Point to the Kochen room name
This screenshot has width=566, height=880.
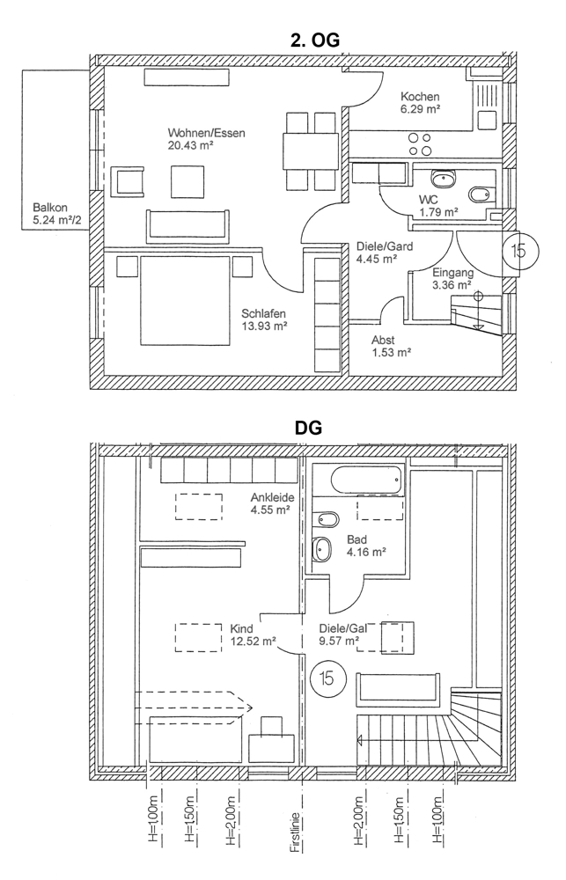[420, 97]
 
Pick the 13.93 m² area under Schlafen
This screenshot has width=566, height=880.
[266, 326]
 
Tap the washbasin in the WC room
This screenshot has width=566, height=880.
[447, 179]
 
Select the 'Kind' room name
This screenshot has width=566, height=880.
[241, 629]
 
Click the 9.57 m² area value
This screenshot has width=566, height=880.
[338, 642]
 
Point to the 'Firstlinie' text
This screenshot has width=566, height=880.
[297, 823]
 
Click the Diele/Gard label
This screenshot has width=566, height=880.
[385, 246]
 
